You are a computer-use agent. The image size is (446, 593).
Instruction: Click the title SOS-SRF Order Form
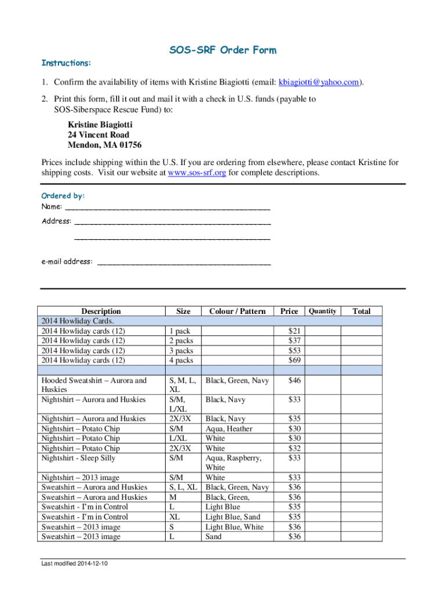click(x=222, y=50)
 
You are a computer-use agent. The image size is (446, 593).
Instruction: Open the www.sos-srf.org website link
click(x=196, y=173)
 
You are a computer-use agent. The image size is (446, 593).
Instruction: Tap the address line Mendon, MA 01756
click(x=105, y=145)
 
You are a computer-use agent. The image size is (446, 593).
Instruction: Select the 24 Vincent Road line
click(x=98, y=135)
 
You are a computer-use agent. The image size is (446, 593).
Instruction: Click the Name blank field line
click(x=167, y=207)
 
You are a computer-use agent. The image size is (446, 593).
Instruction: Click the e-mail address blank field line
click(x=184, y=262)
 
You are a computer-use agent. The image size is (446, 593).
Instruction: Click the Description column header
click(x=101, y=311)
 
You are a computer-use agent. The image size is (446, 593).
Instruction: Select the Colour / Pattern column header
click(x=237, y=311)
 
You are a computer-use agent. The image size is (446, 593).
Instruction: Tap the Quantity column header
click(x=323, y=311)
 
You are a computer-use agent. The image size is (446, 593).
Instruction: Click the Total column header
click(x=361, y=311)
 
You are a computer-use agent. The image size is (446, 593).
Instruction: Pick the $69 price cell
click(x=295, y=360)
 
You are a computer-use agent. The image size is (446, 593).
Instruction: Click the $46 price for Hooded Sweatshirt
click(x=295, y=381)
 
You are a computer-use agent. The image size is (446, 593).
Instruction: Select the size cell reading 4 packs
click(x=181, y=360)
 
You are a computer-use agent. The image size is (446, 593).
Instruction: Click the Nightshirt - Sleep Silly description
click(x=78, y=458)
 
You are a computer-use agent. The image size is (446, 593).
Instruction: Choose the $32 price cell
click(x=295, y=448)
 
